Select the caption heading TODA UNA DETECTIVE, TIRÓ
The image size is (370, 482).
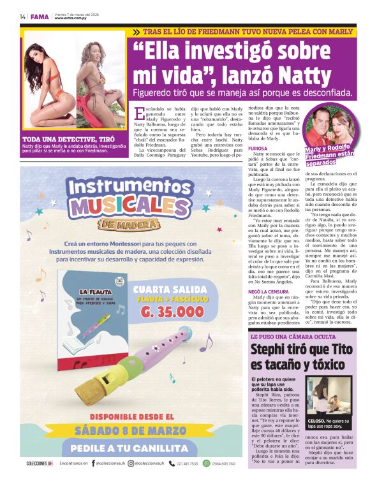[68, 138]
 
